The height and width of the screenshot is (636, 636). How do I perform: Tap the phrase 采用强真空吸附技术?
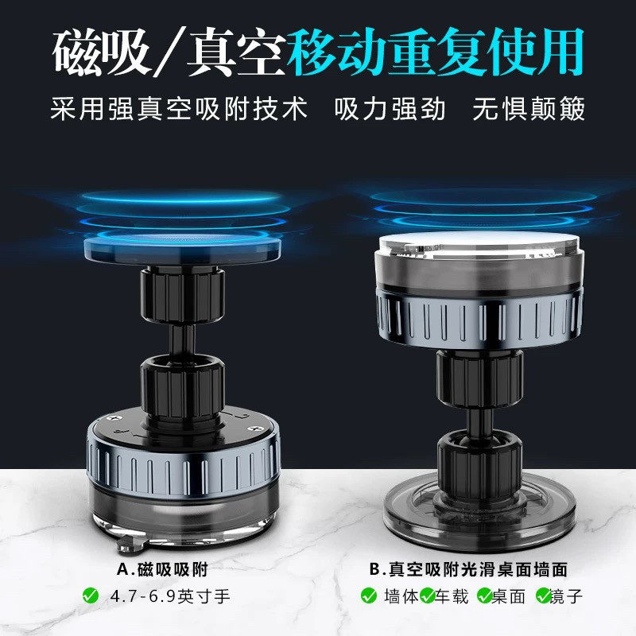176,108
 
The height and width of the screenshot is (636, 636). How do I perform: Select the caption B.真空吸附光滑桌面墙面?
474,570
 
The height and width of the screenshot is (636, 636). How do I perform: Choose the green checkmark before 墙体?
369,595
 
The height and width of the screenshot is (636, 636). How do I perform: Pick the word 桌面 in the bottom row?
512,595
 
